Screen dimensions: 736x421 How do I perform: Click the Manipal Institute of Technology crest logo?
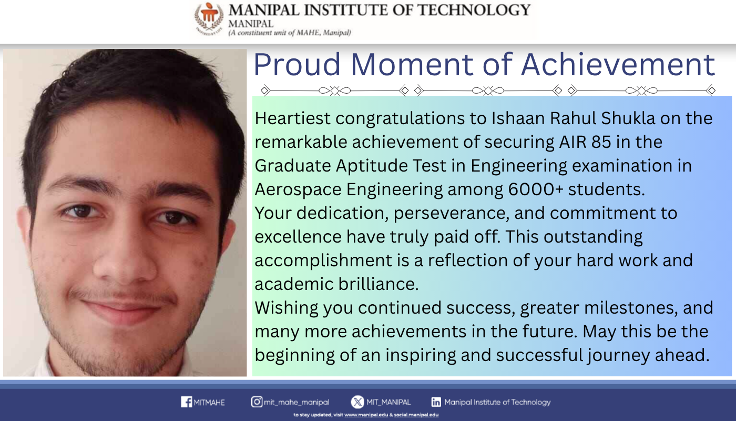[x=209, y=18]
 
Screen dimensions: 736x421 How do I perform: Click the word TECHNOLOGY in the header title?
[x=474, y=10]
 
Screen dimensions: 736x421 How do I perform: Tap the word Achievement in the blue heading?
[x=618, y=64]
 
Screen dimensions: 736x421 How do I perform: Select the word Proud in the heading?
[x=297, y=64]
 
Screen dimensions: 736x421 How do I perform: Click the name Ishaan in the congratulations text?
[x=518, y=118]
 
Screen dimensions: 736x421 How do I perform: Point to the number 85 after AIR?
[x=601, y=142]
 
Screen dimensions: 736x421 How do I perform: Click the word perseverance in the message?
[x=452, y=213]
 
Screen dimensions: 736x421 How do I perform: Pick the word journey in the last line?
[x=619, y=356]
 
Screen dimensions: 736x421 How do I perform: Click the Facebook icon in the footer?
[x=186, y=402]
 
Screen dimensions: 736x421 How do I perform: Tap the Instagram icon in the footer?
[x=257, y=402]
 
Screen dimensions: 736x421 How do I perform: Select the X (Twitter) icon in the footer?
[x=357, y=402]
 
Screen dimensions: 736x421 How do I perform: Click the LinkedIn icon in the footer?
[x=436, y=402]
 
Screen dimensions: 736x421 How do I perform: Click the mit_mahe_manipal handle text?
[x=297, y=402]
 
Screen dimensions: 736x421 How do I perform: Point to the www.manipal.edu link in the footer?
[x=366, y=415]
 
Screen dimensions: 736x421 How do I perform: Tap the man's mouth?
[x=122, y=307]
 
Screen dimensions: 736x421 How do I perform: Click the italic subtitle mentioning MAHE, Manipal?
[x=290, y=33]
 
